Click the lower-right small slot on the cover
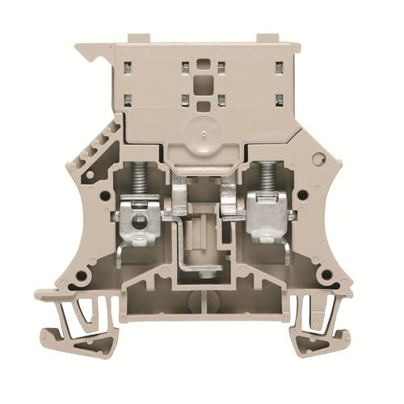(x=278, y=100)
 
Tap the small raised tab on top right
(x=269, y=38)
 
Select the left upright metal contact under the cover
(x=180, y=198)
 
